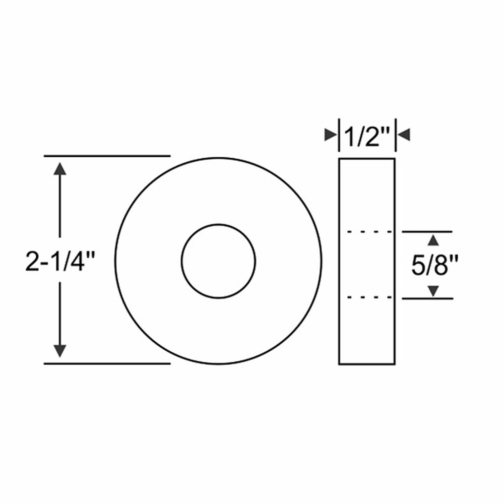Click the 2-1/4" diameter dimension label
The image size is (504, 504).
60,261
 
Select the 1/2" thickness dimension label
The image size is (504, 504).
367,136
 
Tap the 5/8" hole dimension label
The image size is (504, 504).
434,265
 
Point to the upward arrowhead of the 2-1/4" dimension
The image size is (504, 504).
60,169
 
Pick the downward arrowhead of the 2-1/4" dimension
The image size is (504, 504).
60,351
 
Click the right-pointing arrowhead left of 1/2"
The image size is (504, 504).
330,135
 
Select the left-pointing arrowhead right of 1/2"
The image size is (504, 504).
404,135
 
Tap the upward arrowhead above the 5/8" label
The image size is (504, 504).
433,240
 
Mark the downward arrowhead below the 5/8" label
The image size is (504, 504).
433,291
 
